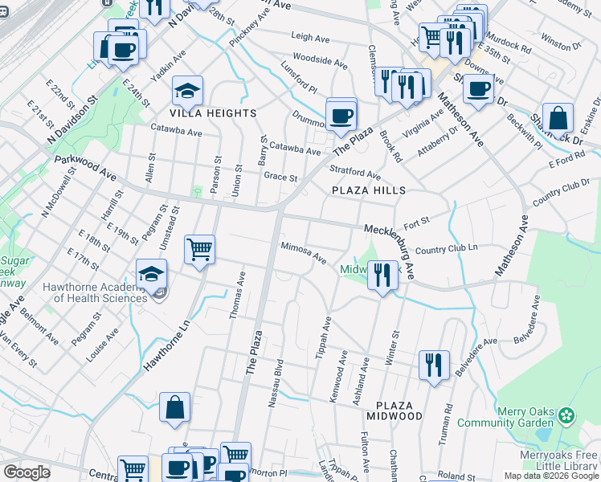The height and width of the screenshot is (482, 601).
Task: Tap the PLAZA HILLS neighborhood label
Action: pyautogui.click(x=369, y=190)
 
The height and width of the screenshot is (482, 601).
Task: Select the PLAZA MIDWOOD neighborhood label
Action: pyautogui.click(x=394, y=410)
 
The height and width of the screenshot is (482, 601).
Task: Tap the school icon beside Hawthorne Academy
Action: pyautogui.click(x=152, y=274)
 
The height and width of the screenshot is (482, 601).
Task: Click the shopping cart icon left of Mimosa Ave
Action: pyautogui.click(x=199, y=249)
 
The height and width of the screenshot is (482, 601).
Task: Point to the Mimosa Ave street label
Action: pyautogui.click(x=303, y=253)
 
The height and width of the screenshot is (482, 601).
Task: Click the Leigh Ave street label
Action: pyautogui.click(x=310, y=37)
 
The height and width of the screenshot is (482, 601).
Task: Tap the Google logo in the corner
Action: pyautogui.click(x=27, y=472)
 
